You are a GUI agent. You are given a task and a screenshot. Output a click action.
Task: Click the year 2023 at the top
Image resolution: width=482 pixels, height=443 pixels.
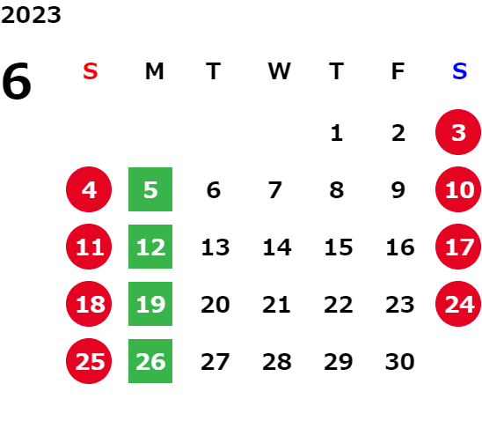[31, 15]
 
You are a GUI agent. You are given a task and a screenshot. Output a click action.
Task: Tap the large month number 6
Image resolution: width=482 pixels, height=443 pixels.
[17, 81]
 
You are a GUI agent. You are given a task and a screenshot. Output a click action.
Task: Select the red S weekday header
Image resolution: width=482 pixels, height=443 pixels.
[91, 71]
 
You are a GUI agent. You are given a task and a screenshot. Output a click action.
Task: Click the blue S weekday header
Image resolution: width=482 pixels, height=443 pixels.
[459, 71]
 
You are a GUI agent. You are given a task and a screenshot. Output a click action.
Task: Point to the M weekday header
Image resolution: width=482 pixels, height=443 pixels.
[154, 71]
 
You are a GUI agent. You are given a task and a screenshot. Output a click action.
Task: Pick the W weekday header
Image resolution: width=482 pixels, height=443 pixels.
[279, 71]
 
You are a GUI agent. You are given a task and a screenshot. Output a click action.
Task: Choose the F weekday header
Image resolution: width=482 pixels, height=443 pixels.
[398, 71]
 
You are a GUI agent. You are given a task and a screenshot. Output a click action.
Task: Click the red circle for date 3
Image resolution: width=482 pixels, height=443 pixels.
[458, 132]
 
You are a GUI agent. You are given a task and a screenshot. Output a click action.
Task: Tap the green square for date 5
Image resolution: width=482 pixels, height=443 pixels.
[150, 189]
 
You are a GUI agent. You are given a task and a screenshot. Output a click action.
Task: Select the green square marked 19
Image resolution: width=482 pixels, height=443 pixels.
[150, 304]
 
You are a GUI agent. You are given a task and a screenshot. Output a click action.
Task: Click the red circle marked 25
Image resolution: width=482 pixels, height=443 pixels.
[89, 361]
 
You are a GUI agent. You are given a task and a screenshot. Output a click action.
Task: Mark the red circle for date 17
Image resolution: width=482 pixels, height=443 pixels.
[458, 247]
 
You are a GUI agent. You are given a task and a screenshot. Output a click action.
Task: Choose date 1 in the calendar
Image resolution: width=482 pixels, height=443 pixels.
[337, 133]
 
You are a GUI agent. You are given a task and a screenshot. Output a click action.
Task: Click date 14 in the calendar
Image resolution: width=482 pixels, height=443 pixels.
[277, 247]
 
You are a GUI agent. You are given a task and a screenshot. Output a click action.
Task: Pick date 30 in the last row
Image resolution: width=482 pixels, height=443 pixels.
[400, 362]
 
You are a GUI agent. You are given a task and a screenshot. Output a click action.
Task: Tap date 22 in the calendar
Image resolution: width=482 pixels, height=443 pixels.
[339, 305]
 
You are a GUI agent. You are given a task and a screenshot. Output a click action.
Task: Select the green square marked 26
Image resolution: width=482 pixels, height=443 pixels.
[150, 361]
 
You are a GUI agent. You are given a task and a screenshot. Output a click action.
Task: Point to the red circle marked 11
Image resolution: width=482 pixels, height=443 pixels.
[89, 247]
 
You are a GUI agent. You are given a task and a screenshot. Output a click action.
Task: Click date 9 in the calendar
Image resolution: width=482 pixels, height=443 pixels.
[398, 190]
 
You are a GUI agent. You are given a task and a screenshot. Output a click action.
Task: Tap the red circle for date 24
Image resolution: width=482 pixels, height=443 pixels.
[458, 304]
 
